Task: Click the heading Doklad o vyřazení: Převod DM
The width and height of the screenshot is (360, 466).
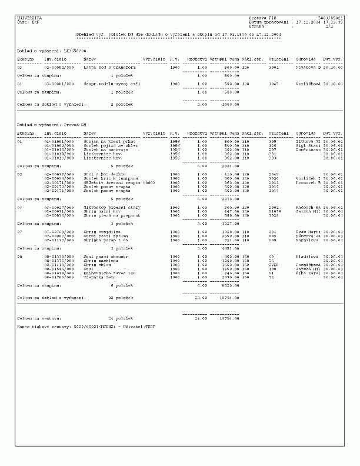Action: click(x=52, y=125)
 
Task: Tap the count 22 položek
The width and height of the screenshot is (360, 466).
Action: click(x=121, y=298)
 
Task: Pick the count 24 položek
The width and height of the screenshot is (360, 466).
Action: click(x=121, y=318)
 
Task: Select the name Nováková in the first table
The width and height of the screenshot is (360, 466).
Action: click(x=308, y=68)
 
